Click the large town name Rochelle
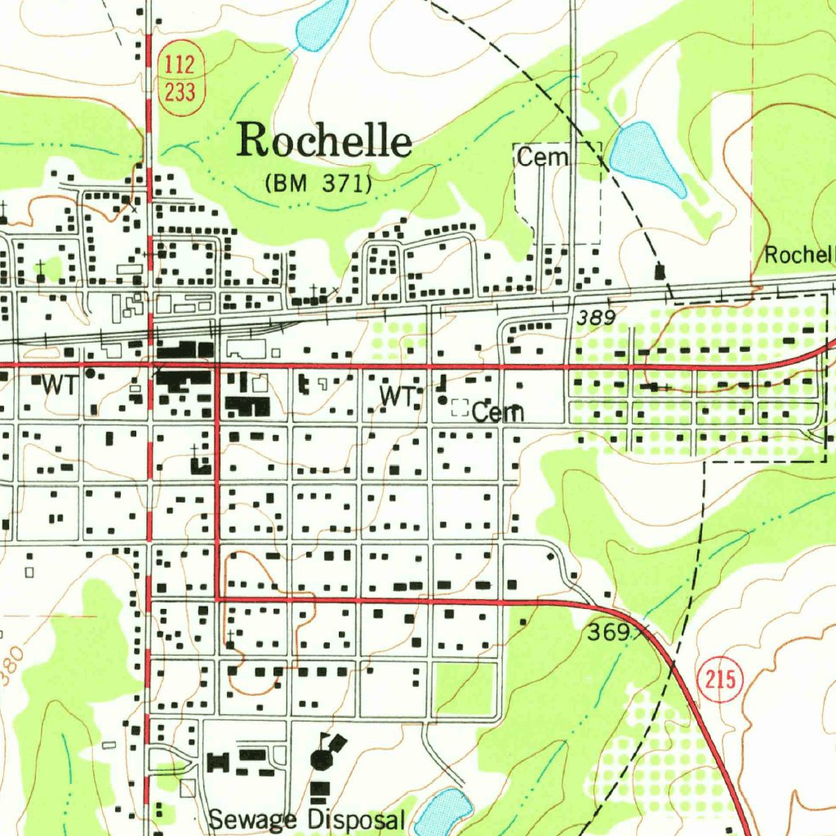(324, 140)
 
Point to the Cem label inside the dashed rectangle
(541, 158)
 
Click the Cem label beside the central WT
(497, 413)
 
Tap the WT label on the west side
(58, 385)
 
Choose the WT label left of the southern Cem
(397, 398)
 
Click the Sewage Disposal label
(306, 820)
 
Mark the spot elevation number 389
(595, 318)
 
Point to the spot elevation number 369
(607, 632)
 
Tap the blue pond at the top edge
(319, 24)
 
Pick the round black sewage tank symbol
(322, 760)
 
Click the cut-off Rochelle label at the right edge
(799, 255)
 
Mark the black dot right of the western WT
(90, 373)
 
